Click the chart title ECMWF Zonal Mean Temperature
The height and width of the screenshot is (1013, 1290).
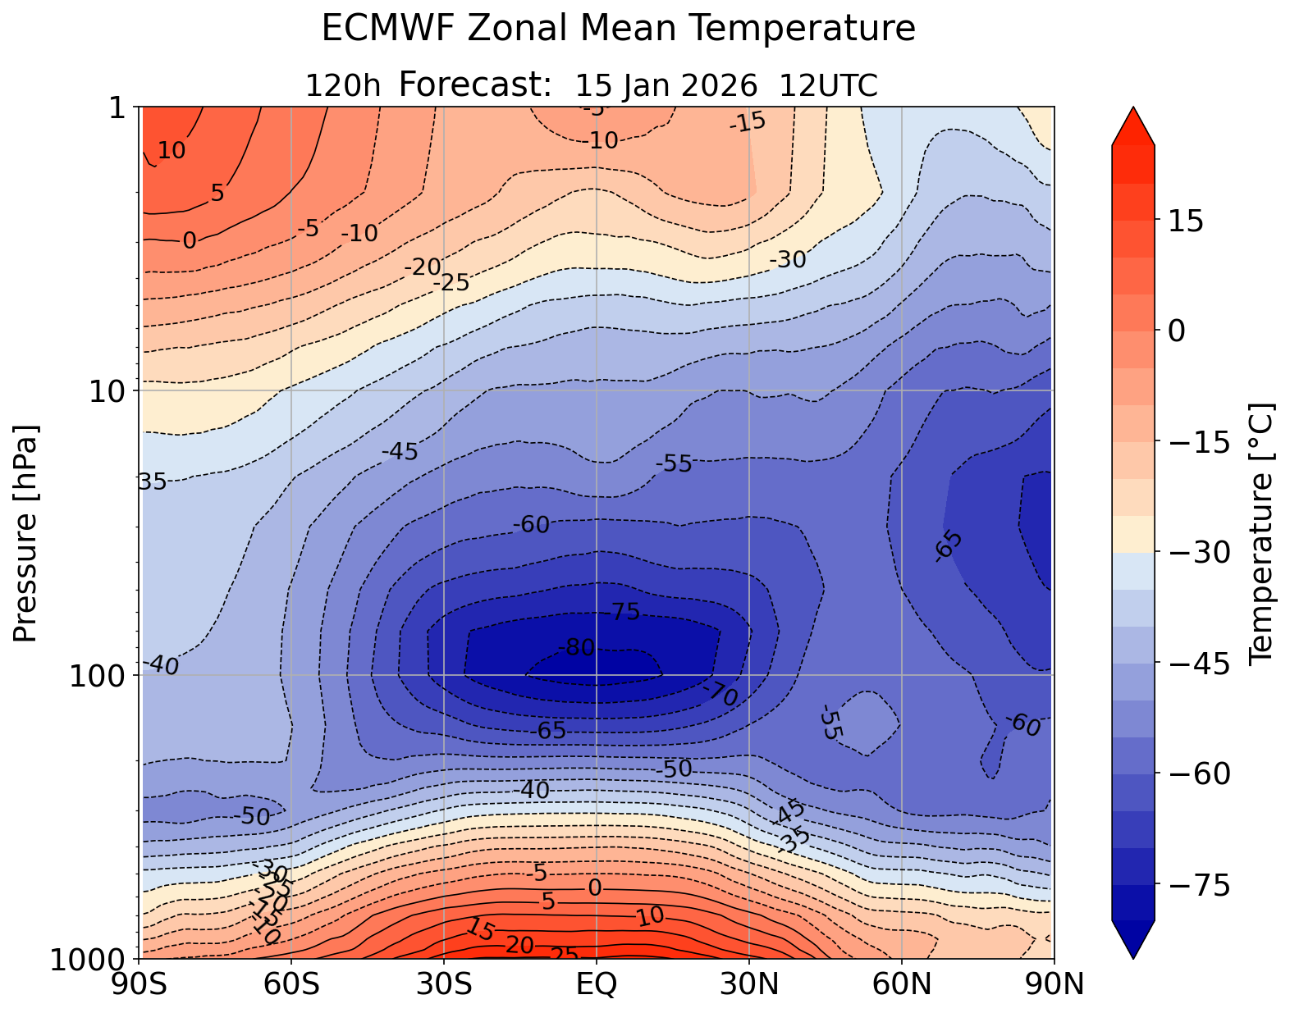click(618, 29)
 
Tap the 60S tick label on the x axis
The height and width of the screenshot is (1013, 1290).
click(292, 983)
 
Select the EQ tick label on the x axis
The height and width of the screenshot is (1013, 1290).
click(597, 983)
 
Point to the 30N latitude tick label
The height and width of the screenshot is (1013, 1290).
click(749, 983)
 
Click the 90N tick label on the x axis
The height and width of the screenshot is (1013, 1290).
click(1054, 983)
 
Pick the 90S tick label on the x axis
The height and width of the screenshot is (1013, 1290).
click(141, 983)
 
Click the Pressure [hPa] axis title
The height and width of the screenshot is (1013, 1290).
click(27, 533)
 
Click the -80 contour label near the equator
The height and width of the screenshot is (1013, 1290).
click(576, 648)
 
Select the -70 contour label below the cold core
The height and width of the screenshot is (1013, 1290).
click(720, 695)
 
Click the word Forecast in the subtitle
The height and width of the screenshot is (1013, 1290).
click(474, 85)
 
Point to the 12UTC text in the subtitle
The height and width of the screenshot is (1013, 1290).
click(829, 85)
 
